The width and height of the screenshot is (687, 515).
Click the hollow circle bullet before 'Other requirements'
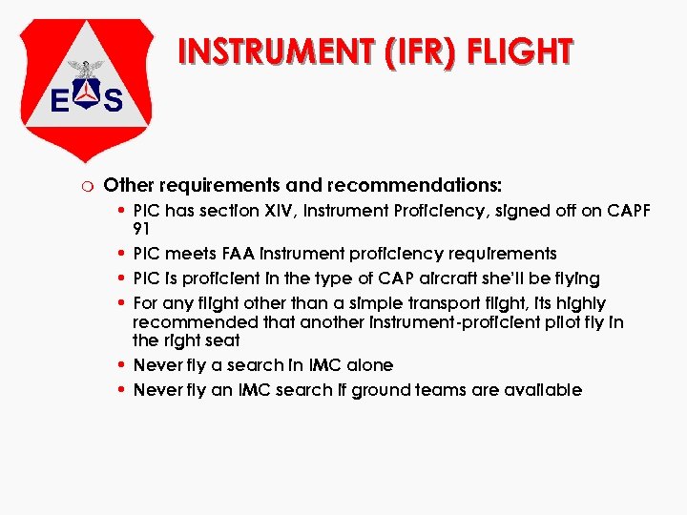pos(86,184)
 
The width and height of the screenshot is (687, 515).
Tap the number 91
pos(143,229)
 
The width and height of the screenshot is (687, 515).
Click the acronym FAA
pos(246,254)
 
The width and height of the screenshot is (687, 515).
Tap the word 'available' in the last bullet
pos(543,390)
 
